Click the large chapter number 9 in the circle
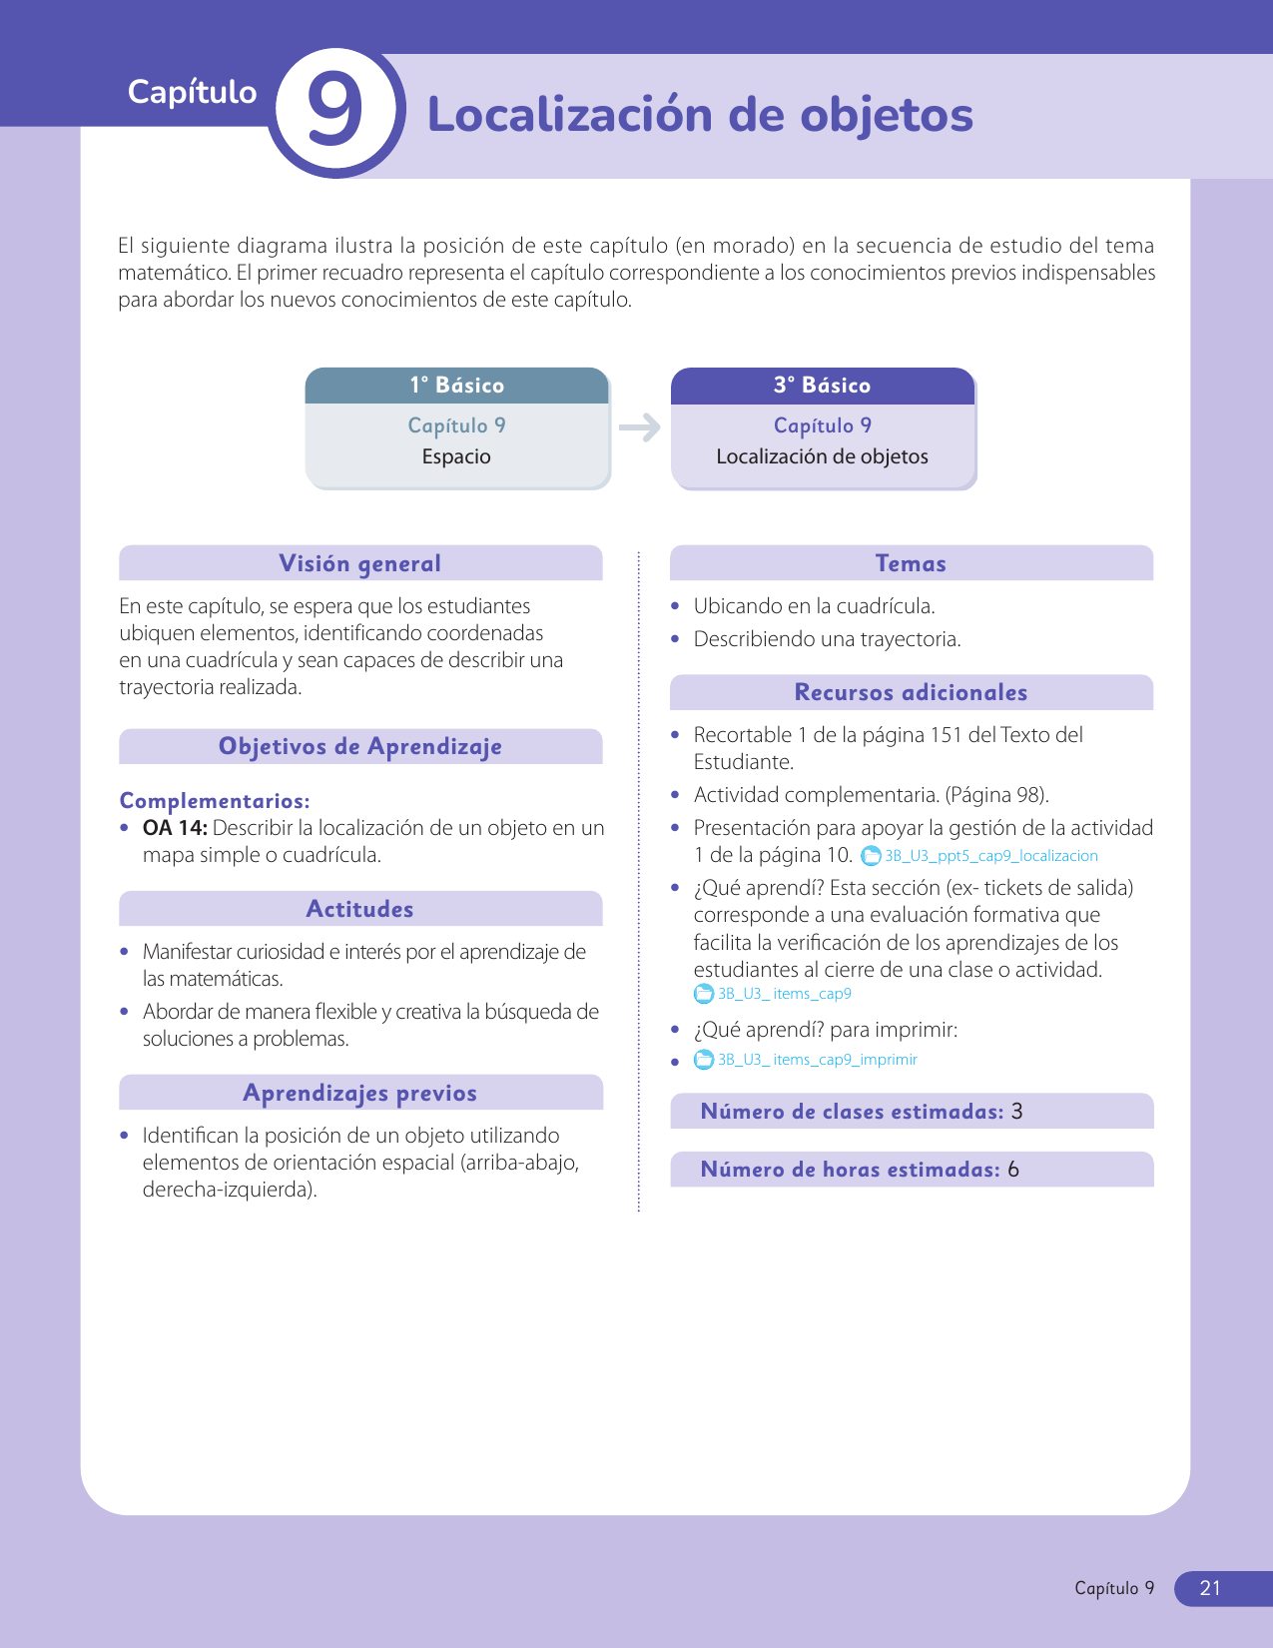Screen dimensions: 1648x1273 334,111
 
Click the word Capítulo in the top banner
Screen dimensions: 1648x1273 192,92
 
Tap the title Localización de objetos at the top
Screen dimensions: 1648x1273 700,115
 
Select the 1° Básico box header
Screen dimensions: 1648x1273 456,386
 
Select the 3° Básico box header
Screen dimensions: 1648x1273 822,386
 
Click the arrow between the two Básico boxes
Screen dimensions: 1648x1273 640,427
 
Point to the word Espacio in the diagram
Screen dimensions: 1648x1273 456,456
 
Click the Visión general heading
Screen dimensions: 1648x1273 359,563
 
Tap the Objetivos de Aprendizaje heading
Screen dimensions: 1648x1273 359,746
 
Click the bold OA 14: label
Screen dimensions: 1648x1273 175,828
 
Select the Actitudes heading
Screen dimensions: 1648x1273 359,909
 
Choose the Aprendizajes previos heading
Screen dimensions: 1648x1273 359,1093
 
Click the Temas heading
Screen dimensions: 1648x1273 911,563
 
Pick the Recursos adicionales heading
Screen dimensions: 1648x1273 911,692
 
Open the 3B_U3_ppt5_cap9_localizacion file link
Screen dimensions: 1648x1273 990,856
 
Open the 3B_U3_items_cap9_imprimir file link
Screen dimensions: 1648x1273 817,1060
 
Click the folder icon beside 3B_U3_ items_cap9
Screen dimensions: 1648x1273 704,994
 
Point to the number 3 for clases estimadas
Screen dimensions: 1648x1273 1016,1112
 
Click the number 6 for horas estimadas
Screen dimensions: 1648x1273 1013,1170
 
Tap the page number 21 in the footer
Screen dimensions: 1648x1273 1210,1588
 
